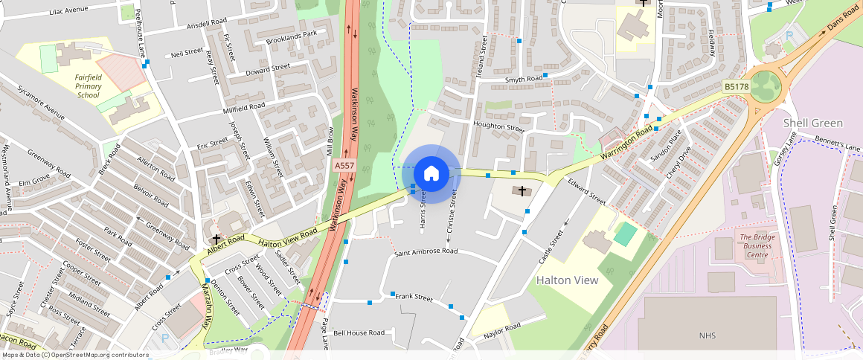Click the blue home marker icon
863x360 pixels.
tap(431, 174)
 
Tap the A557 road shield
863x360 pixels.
tap(344, 165)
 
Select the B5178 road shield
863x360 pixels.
tap(736, 87)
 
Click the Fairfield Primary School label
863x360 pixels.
tap(88, 86)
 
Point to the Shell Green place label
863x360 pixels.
tap(813, 123)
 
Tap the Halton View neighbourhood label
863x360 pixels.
tap(567, 280)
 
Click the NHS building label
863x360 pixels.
tap(707, 336)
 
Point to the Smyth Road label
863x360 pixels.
tap(524, 79)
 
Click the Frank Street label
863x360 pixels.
tap(414, 298)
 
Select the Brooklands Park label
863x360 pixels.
tap(292, 34)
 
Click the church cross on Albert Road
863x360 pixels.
tap(217, 240)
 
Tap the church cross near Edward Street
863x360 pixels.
tap(522, 191)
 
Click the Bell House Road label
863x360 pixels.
tap(359, 332)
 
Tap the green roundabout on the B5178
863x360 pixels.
tap(765, 86)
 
